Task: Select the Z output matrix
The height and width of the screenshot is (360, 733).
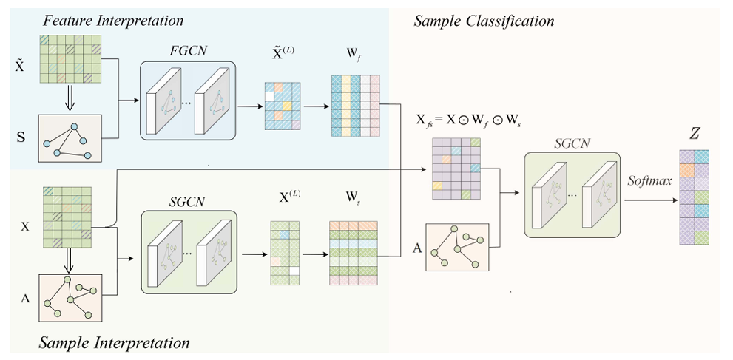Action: [695, 197]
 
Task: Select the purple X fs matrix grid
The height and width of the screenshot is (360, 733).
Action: [455, 169]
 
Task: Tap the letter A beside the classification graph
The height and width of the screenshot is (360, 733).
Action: [417, 248]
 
